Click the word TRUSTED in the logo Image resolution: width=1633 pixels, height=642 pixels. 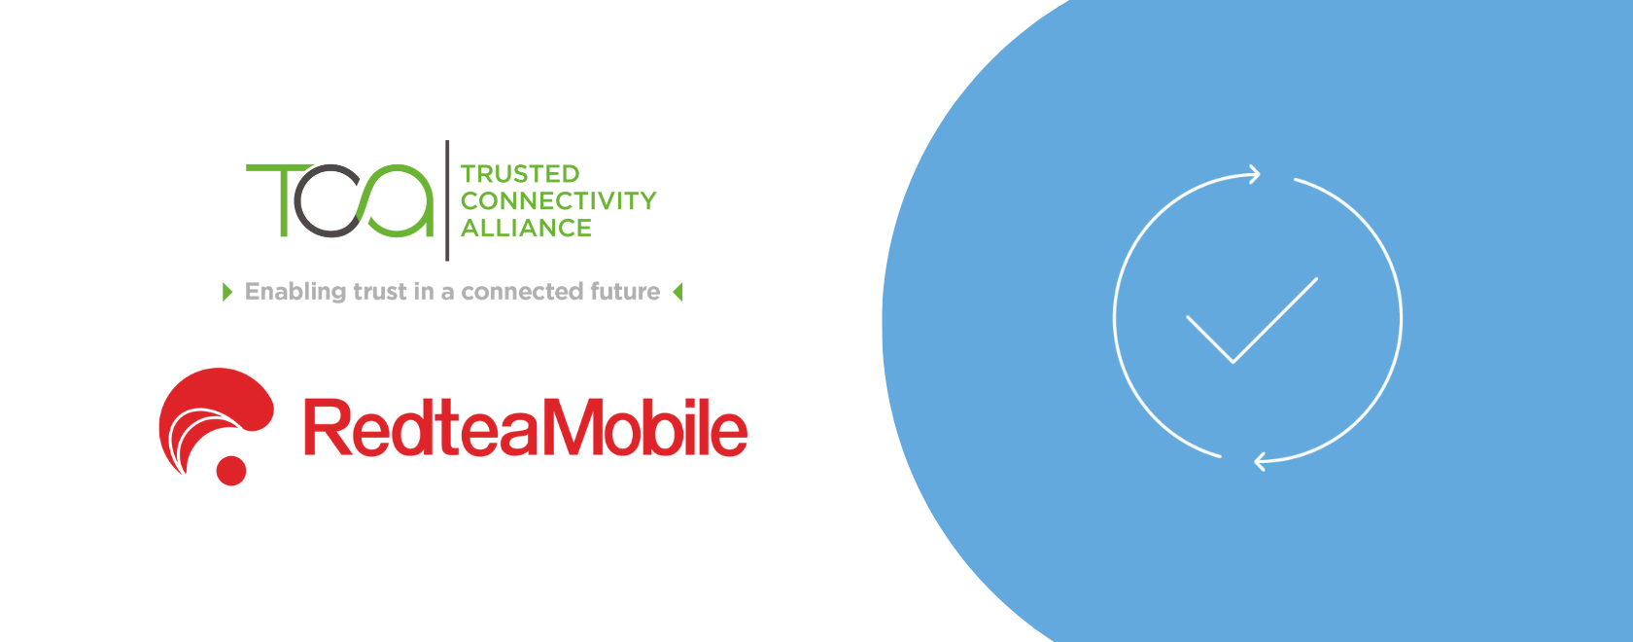pyautogui.click(x=520, y=174)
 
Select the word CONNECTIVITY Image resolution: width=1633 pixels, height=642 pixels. pyautogui.click(x=558, y=201)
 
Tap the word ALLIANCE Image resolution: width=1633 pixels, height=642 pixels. pyautogui.click(x=526, y=229)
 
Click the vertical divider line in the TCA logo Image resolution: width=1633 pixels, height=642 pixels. pyautogui.click(x=447, y=200)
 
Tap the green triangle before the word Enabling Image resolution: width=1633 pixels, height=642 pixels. pyautogui.click(x=227, y=292)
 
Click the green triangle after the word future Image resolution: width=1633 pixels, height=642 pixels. pyautogui.click(x=678, y=292)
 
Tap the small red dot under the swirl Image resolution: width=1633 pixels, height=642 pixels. pyautogui.click(x=231, y=471)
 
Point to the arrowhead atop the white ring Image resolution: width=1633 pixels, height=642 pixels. pyautogui.click(x=1254, y=174)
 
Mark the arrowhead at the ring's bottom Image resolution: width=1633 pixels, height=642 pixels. pyautogui.click(x=1261, y=461)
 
